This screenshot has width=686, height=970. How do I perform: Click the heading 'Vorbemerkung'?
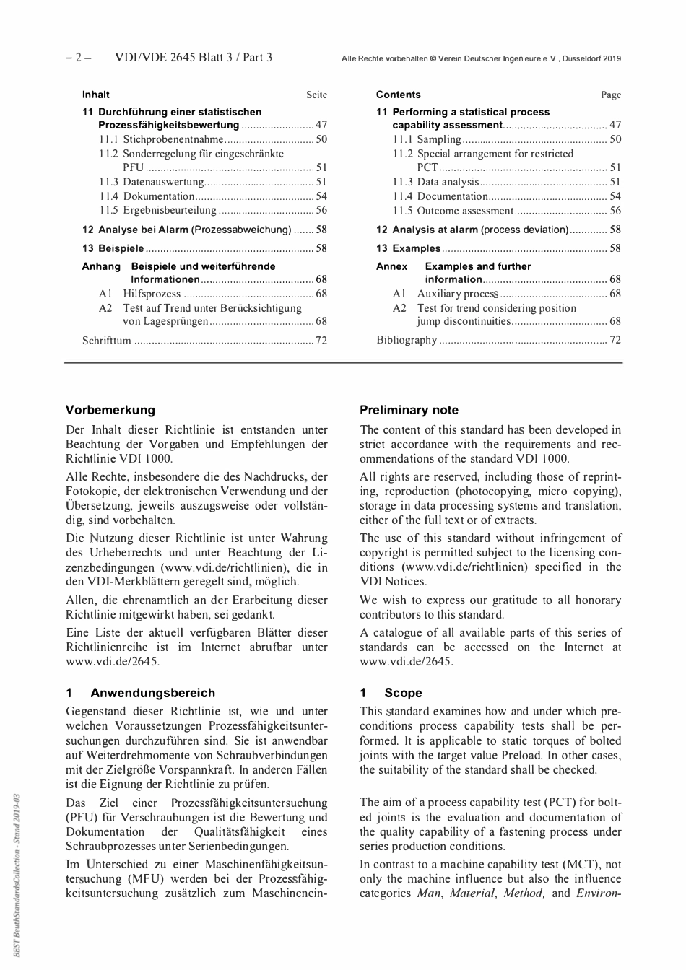[110, 410]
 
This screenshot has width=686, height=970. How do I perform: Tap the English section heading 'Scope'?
[403, 693]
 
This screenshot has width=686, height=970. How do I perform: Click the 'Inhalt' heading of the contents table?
[95, 95]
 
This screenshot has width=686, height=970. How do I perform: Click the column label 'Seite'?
[316, 95]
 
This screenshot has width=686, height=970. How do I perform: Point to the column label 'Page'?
[611, 95]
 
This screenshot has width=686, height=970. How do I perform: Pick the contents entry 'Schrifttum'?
[106, 340]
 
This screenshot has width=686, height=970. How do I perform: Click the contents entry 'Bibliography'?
[407, 340]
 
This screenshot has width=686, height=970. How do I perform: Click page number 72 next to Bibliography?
[615, 340]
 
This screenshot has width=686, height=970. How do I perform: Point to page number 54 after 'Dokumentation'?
[321, 196]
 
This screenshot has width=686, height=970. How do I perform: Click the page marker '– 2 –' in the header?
[79, 58]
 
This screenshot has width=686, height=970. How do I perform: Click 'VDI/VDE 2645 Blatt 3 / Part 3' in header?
[193, 58]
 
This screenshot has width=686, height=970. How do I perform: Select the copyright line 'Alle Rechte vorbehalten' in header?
[481, 58]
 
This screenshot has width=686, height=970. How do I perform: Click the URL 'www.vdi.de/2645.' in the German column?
[113, 661]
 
